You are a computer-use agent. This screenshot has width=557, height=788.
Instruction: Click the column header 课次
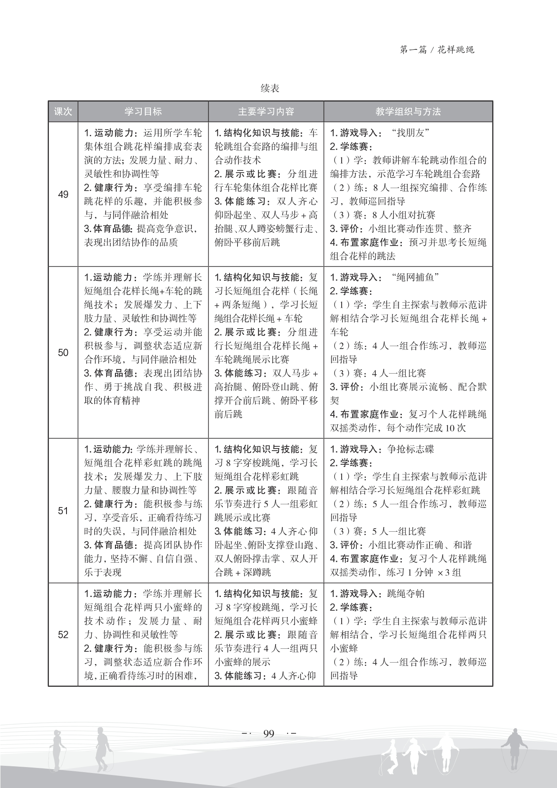pyautogui.click(x=63, y=112)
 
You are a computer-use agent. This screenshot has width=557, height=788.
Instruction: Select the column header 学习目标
pyautogui.click(x=143, y=112)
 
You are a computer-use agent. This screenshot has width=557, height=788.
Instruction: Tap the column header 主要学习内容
pyautogui.click(x=266, y=112)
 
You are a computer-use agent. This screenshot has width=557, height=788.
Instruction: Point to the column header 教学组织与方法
pyautogui.click(x=408, y=112)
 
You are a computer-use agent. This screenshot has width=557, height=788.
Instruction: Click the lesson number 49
pyautogui.click(x=63, y=194)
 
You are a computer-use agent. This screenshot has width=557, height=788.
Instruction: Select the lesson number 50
pyautogui.click(x=63, y=352)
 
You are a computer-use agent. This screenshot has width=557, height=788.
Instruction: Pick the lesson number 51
pyautogui.click(x=63, y=510)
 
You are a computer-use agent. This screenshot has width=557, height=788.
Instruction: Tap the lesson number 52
pyautogui.click(x=63, y=635)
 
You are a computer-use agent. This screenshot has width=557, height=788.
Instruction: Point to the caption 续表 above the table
pyautogui.click(x=270, y=89)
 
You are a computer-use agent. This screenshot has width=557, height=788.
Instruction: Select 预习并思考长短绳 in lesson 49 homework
pyautogui.click(x=447, y=242)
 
